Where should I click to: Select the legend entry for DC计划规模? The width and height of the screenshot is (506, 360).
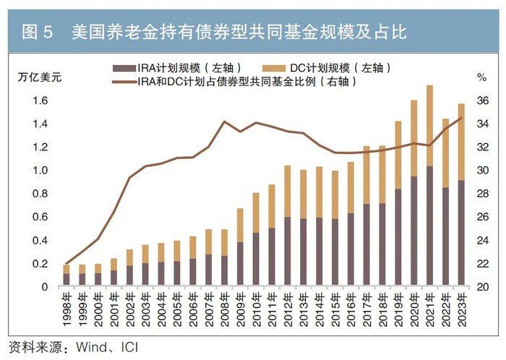(x=340, y=68)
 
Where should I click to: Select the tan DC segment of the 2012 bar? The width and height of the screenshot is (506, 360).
(x=288, y=191)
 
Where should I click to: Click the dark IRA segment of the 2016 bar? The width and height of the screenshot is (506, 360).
(x=351, y=249)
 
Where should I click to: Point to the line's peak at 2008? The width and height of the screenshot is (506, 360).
(x=225, y=121)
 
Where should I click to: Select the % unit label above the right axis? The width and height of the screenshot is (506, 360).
(x=481, y=77)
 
